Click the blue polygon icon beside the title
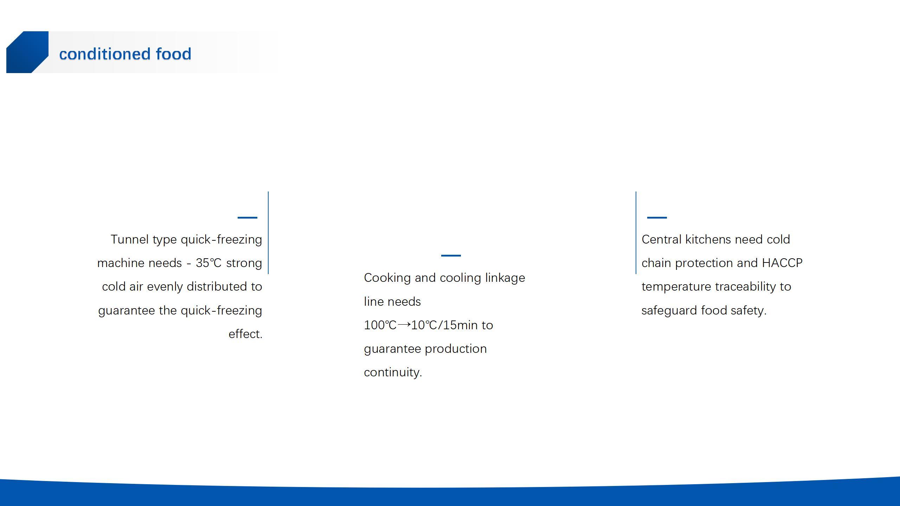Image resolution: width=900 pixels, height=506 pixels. point(27,52)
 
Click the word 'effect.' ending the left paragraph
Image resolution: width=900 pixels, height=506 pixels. point(245,334)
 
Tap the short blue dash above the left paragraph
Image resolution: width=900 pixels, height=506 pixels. point(247,218)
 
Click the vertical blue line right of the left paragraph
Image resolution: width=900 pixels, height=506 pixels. point(268,233)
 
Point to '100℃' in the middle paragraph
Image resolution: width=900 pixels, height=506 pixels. point(380,325)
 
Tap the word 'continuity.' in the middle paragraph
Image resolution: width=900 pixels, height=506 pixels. point(393,372)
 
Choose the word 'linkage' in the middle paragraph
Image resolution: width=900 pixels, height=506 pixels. point(505,278)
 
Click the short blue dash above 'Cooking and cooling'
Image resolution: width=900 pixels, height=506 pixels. point(451,255)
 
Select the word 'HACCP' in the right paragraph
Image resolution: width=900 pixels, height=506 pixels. point(782,263)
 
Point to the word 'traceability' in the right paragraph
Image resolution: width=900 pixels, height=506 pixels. point(744,287)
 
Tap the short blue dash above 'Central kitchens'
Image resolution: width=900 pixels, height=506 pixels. point(657,218)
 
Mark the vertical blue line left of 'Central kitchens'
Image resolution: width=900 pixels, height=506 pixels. point(636,233)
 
